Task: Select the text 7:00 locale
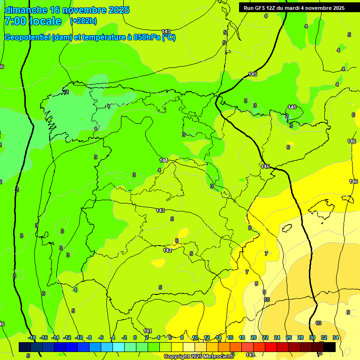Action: point(33,21)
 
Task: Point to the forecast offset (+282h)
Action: point(83,21)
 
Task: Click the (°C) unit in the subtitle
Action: point(168,37)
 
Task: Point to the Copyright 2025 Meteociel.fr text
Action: point(199,357)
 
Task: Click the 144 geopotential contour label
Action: point(164,160)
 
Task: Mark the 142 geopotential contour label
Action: point(167,250)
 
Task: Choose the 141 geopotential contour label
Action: point(148,331)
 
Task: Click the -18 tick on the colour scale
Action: point(32,337)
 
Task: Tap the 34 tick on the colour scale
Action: point(336,337)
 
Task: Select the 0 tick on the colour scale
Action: point(135,337)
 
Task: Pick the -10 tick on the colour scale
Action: point(79,337)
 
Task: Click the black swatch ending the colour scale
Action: point(329,347)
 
